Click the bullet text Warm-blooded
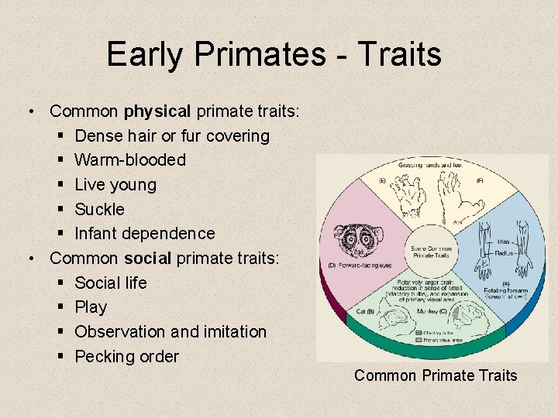(x=130, y=160)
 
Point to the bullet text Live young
(x=115, y=185)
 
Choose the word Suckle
(x=99, y=209)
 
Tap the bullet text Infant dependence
(x=145, y=234)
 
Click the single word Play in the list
(x=91, y=307)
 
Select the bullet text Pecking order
(x=126, y=357)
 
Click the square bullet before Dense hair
(x=61, y=136)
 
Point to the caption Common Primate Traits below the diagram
(x=435, y=376)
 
